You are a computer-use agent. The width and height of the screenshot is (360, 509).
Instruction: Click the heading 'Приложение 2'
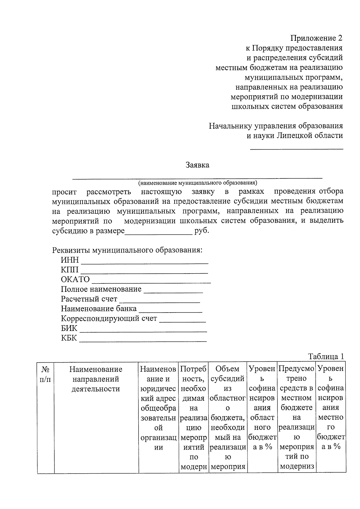(316, 38)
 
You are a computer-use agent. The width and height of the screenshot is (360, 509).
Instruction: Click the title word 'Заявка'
(197, 165)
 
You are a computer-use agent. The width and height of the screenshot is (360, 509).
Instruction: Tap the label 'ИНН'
(70, 260)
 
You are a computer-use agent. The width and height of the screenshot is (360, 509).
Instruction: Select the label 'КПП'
(70, 270)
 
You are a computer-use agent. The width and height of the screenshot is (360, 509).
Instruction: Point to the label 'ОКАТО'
(75, 280)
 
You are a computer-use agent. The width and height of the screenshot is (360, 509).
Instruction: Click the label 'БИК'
(69, 328)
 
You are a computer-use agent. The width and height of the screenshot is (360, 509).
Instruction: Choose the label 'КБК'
(69, 338)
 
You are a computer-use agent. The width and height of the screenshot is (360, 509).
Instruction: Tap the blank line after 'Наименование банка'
(170, 312)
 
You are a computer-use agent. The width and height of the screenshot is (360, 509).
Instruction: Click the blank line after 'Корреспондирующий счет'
(182, 322)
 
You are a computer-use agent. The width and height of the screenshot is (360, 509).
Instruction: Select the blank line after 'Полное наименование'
(173, 292)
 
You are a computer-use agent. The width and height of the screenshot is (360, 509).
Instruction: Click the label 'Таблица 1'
(325, 357)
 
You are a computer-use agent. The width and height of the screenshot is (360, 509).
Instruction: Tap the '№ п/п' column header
(45, 374)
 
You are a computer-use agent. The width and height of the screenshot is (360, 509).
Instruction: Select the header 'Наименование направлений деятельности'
(96, 379)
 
